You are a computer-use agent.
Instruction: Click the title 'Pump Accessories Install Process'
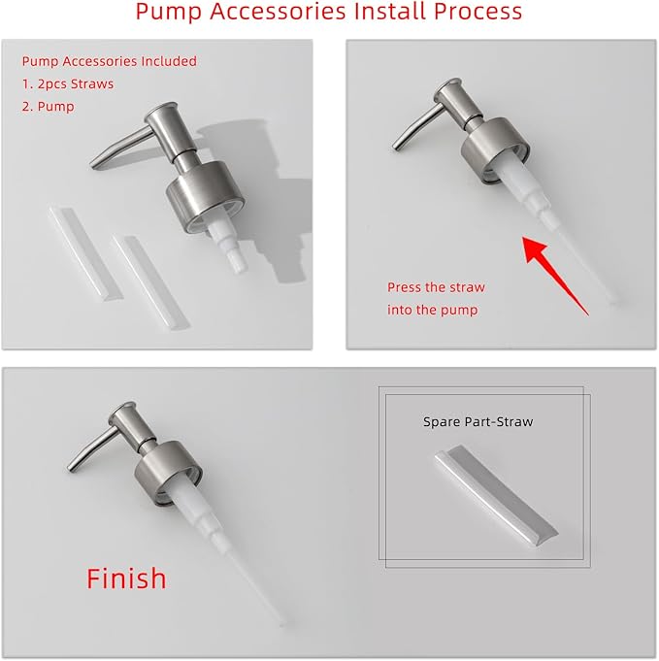(328, 13)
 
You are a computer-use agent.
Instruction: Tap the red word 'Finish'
(126, 578)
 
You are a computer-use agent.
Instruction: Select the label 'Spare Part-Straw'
(478, 422)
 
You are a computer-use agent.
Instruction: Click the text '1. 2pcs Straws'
(68, 83)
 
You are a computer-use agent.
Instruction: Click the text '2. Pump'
(49, 106)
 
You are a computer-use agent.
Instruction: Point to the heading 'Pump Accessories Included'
(109, 61)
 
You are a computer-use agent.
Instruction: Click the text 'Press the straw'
(436, 287)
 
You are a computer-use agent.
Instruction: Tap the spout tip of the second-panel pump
(397, 147)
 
